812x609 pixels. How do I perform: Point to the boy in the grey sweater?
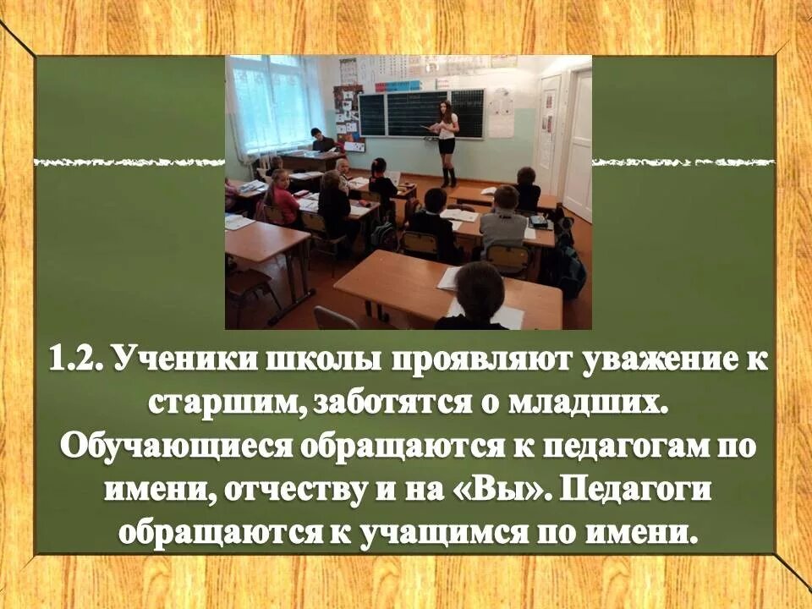[x=504, y=220]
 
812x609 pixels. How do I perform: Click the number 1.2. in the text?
[x=76, y=359]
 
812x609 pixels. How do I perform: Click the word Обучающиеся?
[x=164, y=447]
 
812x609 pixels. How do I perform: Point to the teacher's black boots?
[x=447, y=178]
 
